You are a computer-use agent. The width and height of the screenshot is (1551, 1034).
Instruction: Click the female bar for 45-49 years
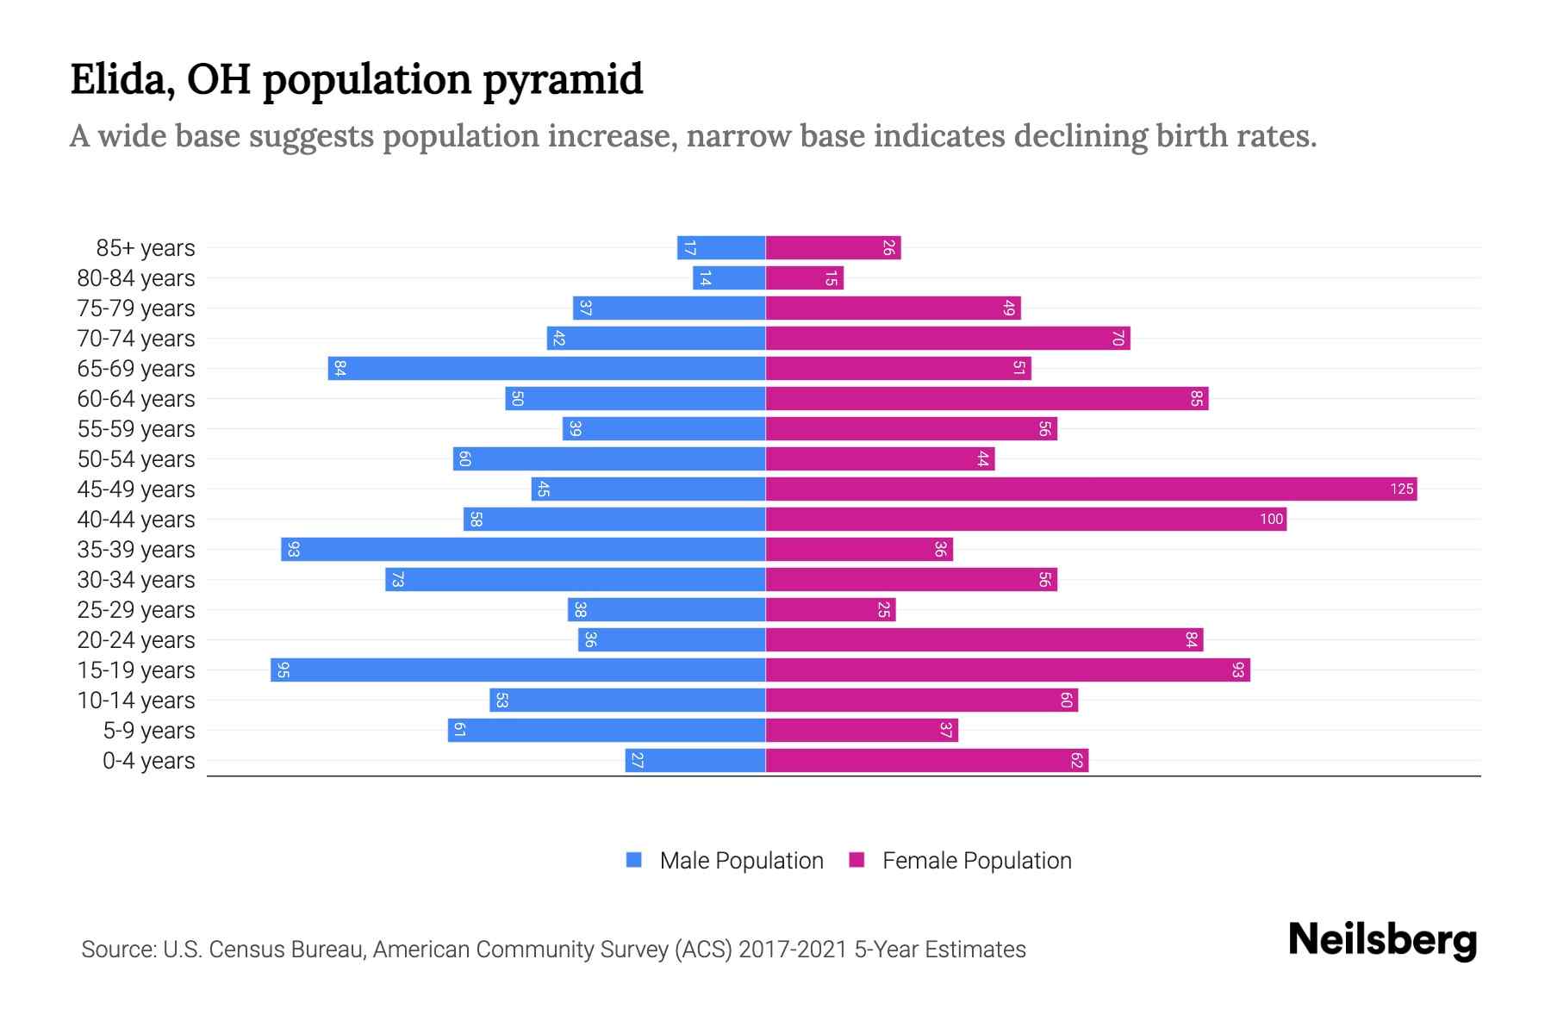point(1091,489)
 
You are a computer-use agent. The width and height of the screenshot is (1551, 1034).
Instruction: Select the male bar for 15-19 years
point(518,670)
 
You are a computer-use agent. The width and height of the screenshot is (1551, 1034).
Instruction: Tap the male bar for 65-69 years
point(546,369)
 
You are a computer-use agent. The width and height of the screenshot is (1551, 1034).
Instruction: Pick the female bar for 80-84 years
point(804,278)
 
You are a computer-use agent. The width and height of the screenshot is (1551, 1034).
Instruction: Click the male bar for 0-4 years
point(695,761)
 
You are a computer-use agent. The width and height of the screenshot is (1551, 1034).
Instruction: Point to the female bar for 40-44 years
point(1025,520)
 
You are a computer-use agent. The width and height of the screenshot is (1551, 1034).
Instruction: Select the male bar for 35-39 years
point(523,550)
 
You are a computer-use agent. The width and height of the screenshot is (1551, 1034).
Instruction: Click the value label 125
point(1401,489)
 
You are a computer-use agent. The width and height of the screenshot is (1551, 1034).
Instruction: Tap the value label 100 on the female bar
point(1271,520)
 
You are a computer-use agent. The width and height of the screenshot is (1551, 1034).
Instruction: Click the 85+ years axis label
point(146,248)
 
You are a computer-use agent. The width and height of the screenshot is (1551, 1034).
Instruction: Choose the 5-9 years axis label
point(149,731)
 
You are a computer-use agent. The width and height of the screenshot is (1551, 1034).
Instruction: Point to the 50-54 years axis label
point(136,459)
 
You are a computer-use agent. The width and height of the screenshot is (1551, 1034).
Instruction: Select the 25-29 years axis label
point(136,610)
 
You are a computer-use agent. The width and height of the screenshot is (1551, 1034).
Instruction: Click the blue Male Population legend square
point(634,860)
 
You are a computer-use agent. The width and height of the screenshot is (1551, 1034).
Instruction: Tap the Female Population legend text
point(976,861)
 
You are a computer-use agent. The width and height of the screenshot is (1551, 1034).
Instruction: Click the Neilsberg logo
point(1382,940)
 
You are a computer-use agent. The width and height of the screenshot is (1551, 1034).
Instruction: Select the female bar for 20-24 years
point(984,640)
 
